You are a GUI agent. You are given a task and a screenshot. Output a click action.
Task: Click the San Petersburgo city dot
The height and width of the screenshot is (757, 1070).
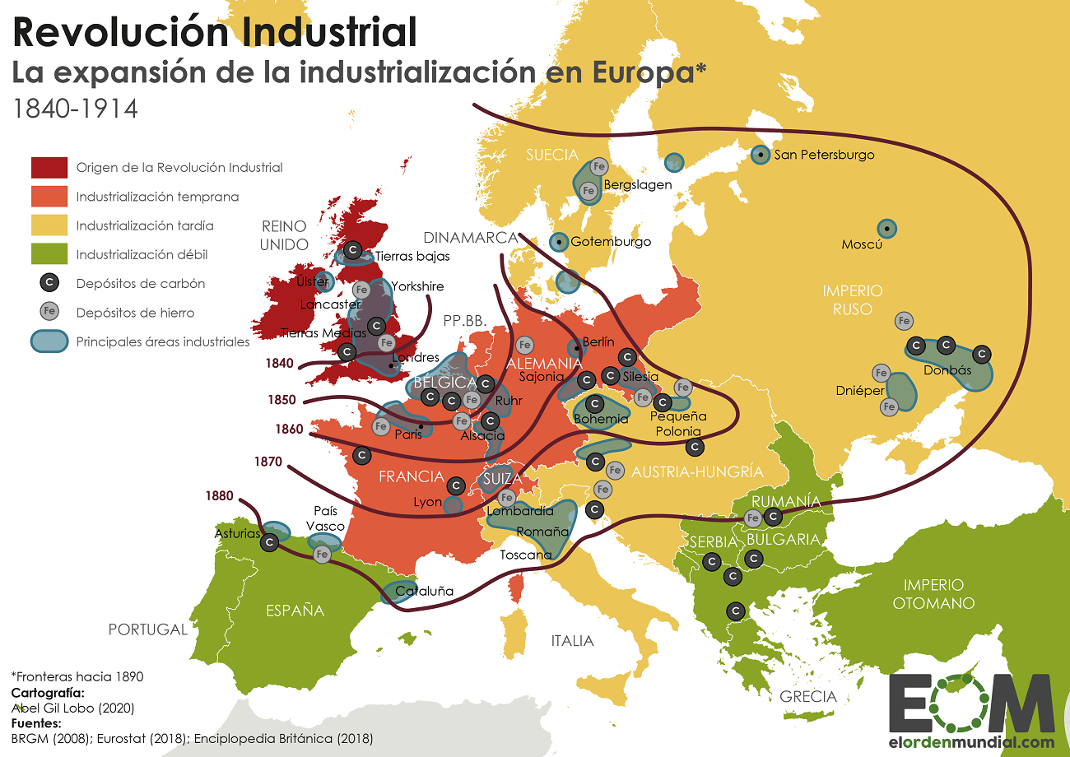click(x=761, y=154)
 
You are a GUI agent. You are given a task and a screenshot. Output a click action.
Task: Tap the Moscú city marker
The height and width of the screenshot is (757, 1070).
click(x=886, y=228)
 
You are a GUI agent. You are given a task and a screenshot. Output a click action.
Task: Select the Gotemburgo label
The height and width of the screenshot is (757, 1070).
click(x=611, y=242)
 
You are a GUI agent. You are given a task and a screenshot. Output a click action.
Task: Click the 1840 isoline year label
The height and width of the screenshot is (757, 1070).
click(x=280, y=363)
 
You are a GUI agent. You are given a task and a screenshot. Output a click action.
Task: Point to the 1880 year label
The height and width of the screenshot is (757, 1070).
click(x=220, y=496)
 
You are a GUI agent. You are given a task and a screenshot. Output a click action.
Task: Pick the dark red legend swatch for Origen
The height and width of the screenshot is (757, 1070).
click(x=49, y=167)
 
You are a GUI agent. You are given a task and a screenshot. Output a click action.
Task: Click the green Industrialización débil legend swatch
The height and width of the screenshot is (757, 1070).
click(x=49, y=254)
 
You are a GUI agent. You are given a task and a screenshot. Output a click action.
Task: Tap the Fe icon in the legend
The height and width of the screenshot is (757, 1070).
click(x=49, y=312)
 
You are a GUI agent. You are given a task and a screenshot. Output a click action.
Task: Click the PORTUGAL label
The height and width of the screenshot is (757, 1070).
click(x=148, y=629)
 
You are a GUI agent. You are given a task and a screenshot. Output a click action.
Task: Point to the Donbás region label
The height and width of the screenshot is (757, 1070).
click(x=947, y=370)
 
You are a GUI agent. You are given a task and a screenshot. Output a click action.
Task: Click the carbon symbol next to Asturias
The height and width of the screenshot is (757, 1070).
click(x=269, y=542)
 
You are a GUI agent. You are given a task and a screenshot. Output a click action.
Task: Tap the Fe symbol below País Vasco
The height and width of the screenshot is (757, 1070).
click(x=322, y=555)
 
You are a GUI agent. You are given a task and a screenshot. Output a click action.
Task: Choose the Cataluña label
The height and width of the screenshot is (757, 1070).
click(x=425, y=591)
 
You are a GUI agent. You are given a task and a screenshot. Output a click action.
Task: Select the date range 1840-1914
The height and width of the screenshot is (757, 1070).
click(x=75, y=109)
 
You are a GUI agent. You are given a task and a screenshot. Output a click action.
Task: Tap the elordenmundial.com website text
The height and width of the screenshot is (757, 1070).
click(x=971, y=741)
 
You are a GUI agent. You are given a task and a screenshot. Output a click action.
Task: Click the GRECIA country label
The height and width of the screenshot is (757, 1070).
click(x=808, y=697)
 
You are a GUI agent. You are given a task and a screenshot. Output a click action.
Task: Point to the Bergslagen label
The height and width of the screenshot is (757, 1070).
click(x=638, y=184)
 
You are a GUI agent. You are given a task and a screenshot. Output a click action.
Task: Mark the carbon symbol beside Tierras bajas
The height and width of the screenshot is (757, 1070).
click(x=353, y=248)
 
